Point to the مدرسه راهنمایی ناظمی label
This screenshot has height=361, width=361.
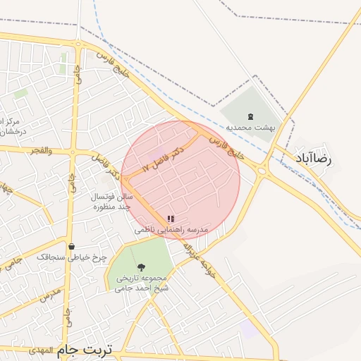pyautogui.click(x=172, y=231)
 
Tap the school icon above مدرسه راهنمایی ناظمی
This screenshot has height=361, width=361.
pyautogui.click(x=170, y=219)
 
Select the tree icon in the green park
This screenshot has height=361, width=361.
pyautogui.click(x=142, y=267)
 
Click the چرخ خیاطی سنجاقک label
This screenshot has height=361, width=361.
pyautogui.click(x=72, y=257)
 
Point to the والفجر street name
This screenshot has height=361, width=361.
pyautogui.click(x=39, y=150)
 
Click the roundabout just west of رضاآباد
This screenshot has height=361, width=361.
pyautogui.click(x=264, y=170)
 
